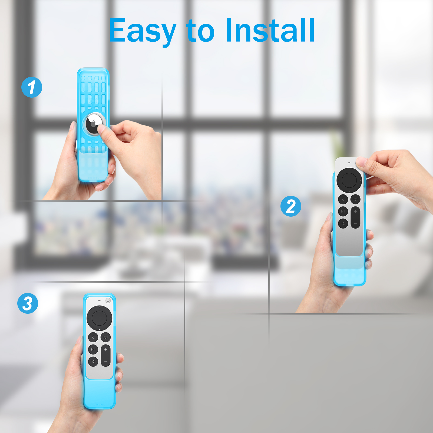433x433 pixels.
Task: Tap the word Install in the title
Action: tap(270, 30)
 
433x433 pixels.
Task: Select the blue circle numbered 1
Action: tap(32, 87)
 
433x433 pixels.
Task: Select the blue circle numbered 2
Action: tap(291, 206)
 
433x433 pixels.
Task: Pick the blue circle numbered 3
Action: tap(28, 303)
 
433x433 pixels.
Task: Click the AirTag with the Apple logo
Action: tap(94, 124)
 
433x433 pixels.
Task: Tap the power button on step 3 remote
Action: tap(108, 300)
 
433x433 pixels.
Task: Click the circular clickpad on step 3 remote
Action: tap(99, 318)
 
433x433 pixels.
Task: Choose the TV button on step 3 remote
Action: tap(105, 337)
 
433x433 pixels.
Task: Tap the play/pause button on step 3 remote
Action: tap(93, 349)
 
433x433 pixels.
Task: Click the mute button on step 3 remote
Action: tap(93, 362)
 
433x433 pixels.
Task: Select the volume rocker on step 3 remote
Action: tap(105, 355)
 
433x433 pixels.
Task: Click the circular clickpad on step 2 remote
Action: tap(349, 180)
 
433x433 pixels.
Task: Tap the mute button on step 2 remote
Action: tap(343, 223)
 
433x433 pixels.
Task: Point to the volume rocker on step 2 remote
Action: tap(355, 217)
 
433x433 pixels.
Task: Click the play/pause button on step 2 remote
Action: tap(343, 211)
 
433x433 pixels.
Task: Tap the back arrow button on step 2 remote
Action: tap(343, 199)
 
